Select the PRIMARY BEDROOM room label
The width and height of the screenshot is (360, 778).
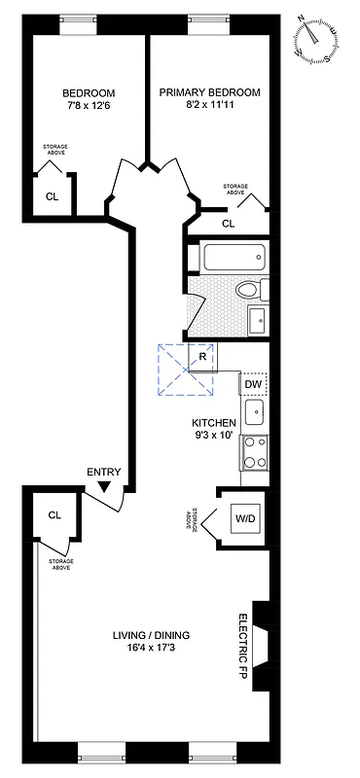click(210, 98)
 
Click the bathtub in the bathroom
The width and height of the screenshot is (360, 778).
click(233, 259)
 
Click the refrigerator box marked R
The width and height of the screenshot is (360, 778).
click(202, 356)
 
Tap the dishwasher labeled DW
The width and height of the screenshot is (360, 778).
click(253, 384)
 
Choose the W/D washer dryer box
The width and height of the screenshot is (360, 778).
click(243, 518)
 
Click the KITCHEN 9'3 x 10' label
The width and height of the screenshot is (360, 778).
click(213, 429)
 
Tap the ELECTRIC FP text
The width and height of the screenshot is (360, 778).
click(244, 647)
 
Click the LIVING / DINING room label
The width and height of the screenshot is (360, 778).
click(150, 642)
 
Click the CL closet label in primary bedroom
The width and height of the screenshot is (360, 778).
click(228, 224)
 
